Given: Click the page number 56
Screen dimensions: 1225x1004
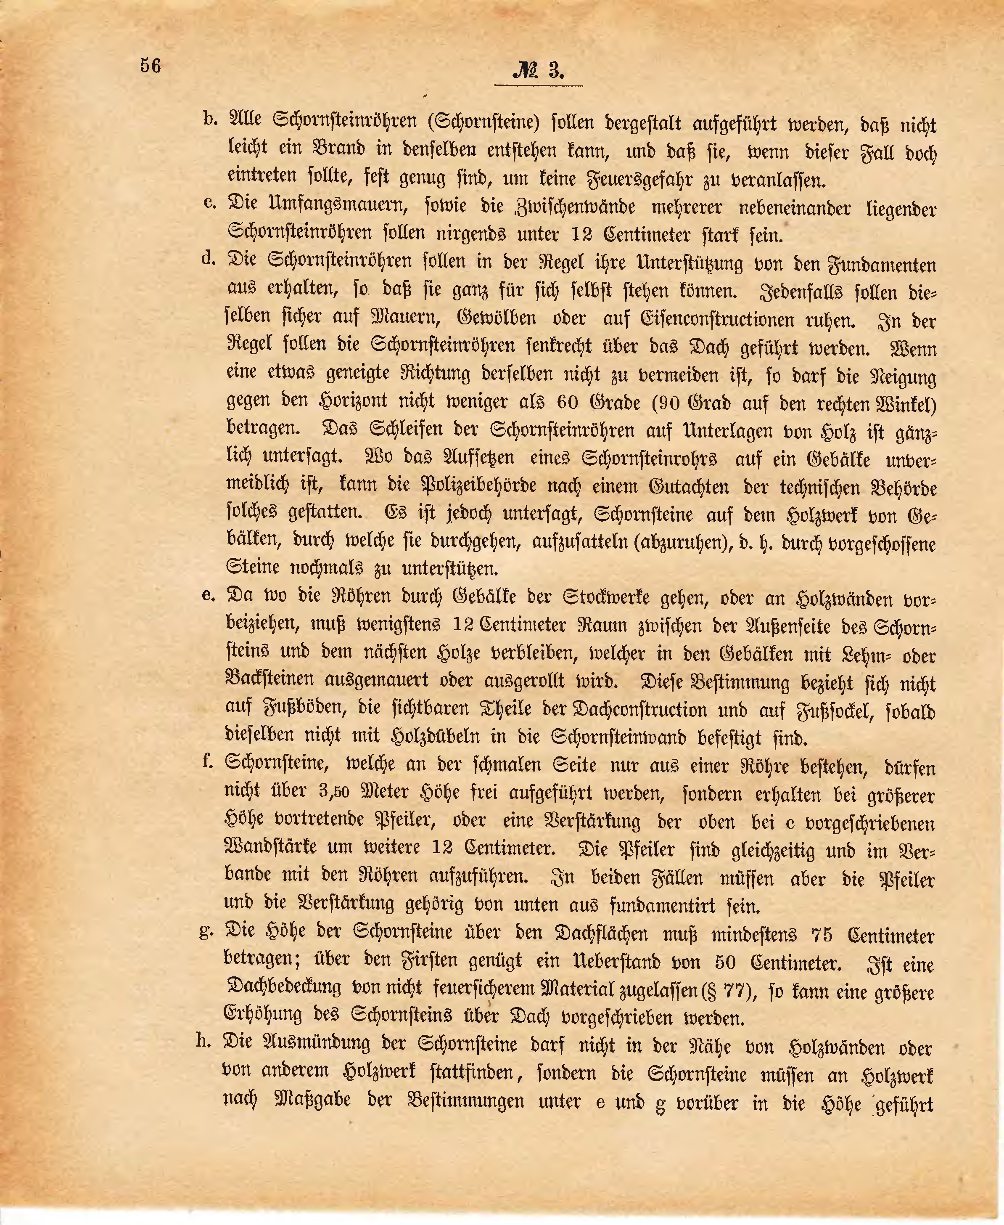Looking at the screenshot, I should pyautogui.click(x=151, y=65).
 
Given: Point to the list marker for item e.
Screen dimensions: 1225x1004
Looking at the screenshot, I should pyautogui.click(x=209, y=595).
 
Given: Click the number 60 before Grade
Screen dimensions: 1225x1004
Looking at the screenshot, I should pyautogui.click(x=571, y=402).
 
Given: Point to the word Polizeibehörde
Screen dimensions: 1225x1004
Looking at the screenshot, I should pyautogui.click(x=472, y=487).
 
